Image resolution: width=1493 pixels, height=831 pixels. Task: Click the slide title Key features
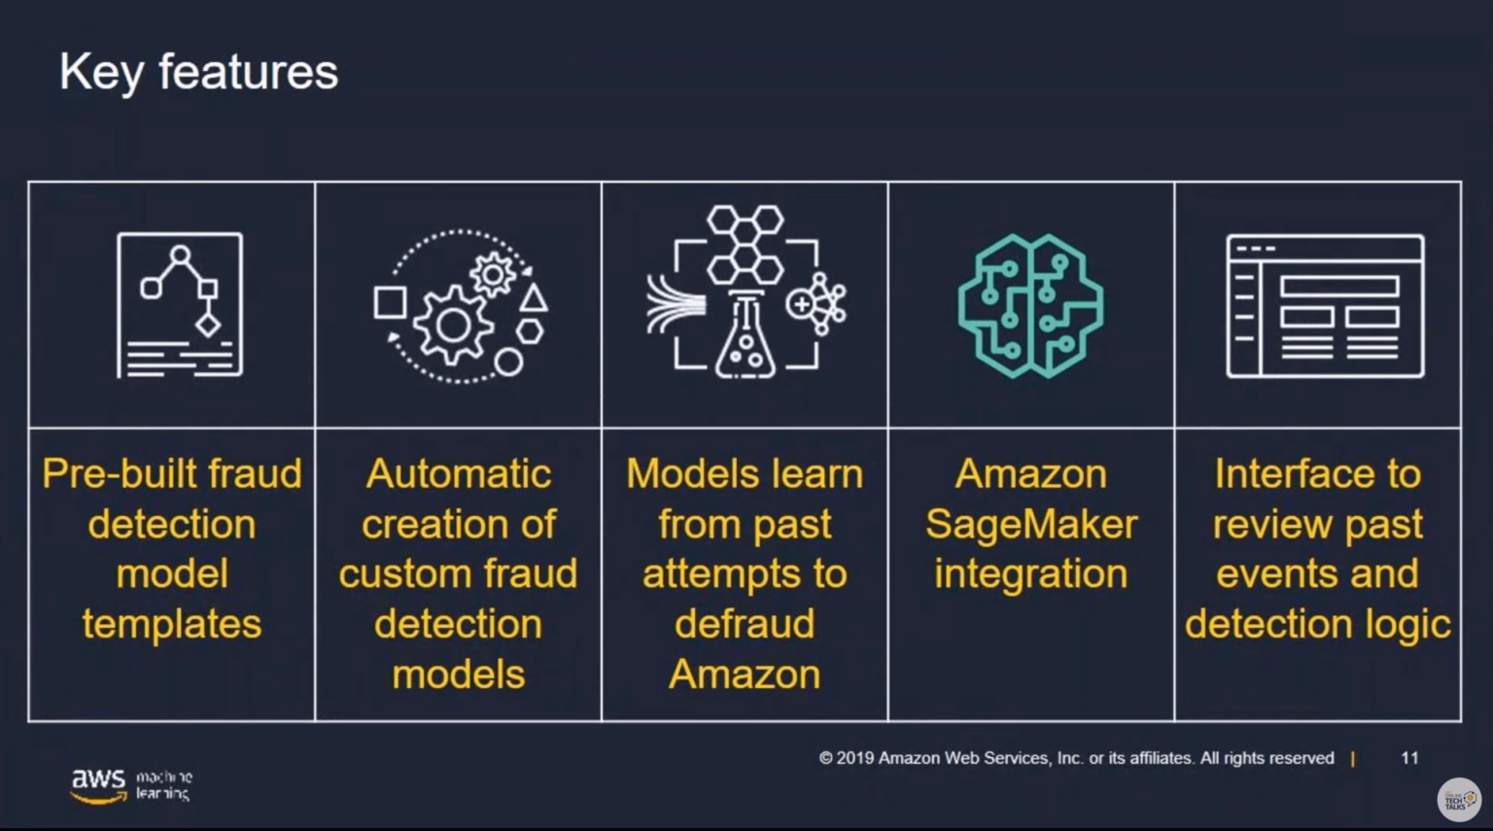coord(198,73)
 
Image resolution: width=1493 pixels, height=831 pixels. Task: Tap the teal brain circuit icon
coord(1030,305)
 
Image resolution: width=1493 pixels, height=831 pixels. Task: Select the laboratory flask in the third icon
coord(746,340)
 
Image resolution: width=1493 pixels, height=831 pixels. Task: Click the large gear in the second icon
coord(453,325)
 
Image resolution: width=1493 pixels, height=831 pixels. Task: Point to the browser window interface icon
coord(1325,305)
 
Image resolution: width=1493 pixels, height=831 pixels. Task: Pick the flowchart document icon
coord(180,305)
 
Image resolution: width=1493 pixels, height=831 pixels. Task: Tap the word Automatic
coord(458,474)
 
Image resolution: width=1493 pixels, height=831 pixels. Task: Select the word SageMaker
coord(1030,525)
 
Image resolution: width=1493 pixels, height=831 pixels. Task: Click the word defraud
coord(745,624)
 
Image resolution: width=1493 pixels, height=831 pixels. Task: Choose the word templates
coord(172,624)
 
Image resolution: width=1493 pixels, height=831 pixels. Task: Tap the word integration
coord(1030,574)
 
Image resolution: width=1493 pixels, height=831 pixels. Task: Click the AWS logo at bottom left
coord(99,783)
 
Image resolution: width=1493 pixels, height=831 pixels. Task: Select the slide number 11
coord(1409,758)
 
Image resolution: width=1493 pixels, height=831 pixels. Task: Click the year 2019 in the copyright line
coord(854,758)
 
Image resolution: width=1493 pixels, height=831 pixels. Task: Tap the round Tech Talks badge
coord(1458,799)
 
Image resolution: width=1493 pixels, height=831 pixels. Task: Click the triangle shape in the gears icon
coord(533,297)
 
